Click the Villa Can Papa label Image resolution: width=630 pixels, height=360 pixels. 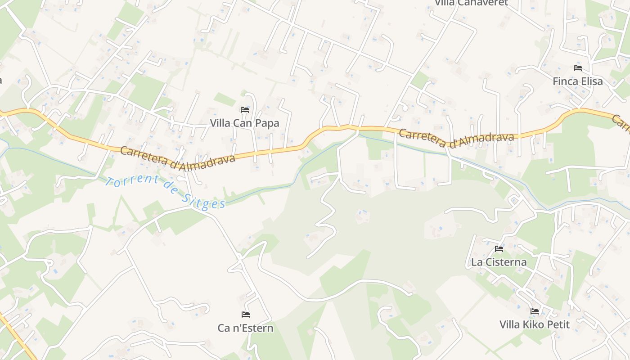(x=244, y=123)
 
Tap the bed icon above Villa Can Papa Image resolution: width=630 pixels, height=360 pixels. (x=244, y=109)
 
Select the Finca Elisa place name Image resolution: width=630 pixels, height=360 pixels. (x=578, y=81)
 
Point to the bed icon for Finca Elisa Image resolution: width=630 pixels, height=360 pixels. (x=578, y=68)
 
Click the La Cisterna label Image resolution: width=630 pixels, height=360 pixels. (x=499, y=262)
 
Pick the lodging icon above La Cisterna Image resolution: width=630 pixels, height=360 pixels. (x=499, y=248)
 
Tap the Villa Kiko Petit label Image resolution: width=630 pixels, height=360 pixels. (x=535, y=324)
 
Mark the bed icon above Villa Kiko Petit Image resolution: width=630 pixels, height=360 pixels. (x=535, y=311)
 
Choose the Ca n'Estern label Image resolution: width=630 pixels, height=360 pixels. (x=245, y=328)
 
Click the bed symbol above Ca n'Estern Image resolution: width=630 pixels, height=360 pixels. (x=245, y=314)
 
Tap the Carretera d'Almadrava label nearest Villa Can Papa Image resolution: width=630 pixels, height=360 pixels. (x=178, y=158)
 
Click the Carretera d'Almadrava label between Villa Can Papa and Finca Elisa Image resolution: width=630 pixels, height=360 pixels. (x=456, y=138)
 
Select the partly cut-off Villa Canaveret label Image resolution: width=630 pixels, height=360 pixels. (x=471, y=3)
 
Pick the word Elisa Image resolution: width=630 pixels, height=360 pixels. (x=591, y=81)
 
